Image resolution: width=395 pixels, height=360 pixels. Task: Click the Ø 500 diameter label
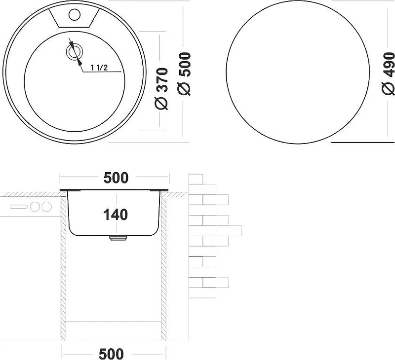[x=184, y=73]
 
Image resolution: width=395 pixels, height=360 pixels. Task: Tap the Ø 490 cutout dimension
[x=388, y=73]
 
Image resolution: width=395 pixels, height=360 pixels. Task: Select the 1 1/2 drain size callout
[x=99, y=68]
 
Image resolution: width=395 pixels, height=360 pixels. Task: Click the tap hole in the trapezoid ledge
[x=75, y=14]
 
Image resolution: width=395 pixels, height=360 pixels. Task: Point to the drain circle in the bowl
[x=75, y=52]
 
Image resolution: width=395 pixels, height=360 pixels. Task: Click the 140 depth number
[x=116, y=215]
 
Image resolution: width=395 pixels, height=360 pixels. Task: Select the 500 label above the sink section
[x=116, y=178]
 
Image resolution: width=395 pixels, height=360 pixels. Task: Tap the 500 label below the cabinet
[x=112, y=354]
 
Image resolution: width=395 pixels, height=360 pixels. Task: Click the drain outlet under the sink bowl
[x=118, y=238]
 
